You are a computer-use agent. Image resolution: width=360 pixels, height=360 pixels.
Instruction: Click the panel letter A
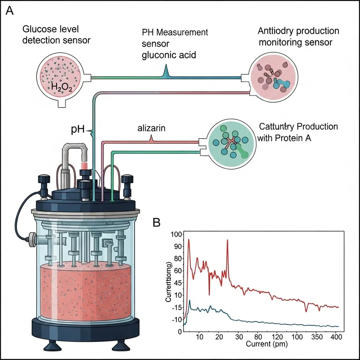[x=9, y=11]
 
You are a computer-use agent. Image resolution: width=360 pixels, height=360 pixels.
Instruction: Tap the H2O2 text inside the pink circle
[x=61, y=86]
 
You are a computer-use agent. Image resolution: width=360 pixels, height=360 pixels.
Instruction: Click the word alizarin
[x=151, y=128]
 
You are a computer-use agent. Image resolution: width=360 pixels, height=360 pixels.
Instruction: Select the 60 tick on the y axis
[x=176, y=270]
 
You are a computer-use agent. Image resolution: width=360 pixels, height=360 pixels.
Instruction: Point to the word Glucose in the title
[x=36, y=29]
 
